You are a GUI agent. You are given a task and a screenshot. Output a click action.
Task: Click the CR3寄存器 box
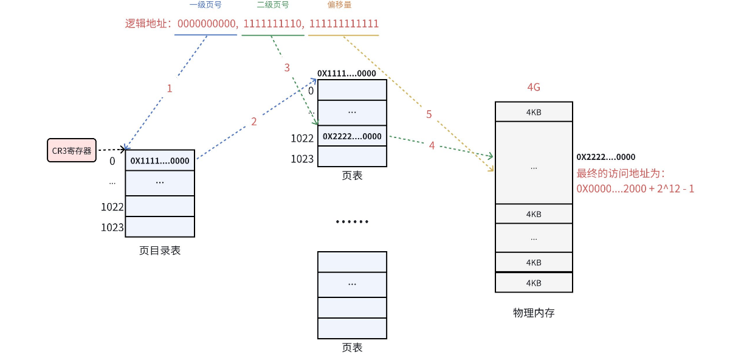click(72, 150)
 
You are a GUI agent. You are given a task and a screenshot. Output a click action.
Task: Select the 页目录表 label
click(160, 250)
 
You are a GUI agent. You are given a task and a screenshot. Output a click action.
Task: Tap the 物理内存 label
click(534, 313)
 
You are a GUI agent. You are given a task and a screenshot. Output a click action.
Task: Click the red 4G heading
click(533, 88)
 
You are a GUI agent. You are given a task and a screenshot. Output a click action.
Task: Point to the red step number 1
click(170, 88)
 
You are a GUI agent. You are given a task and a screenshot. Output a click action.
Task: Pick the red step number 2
click(253, 122)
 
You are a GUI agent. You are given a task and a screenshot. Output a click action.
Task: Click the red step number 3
click(287, 67)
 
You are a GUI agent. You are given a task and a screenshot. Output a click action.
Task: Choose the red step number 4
click(432, 146)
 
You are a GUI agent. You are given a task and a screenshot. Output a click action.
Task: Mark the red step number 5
click(429, 114)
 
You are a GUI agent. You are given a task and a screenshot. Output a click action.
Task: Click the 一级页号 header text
click(205, 5)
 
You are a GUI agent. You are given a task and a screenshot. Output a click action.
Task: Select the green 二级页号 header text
click(273, 5)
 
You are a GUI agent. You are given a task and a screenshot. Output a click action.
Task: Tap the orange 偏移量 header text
click(339, 5)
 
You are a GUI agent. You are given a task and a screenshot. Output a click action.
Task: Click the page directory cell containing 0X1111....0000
click(160, 161)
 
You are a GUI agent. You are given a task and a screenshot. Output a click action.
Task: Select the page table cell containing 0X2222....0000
click(352, 137)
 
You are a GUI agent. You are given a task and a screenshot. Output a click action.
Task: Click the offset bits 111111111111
click(344, 24)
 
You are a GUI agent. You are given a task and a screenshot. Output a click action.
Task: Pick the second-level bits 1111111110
click(272, 24)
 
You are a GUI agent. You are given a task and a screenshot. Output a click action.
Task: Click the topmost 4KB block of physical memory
click(534, 112)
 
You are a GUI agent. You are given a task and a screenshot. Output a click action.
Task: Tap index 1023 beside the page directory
click(112, 228)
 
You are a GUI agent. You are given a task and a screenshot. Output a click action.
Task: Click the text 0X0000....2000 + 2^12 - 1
click(635, 189)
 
